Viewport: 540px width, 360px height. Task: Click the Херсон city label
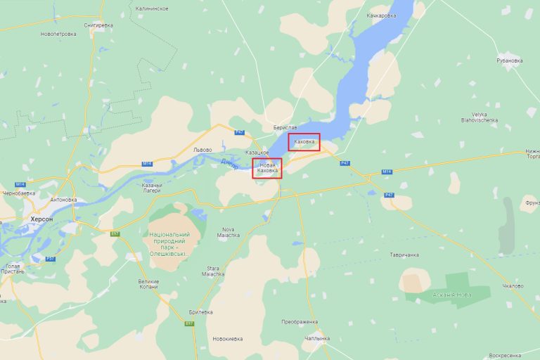41,219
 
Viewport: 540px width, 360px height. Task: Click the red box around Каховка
304,142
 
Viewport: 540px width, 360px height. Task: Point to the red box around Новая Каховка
267,167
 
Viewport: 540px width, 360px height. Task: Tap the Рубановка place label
510,60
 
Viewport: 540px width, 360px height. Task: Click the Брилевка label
201,311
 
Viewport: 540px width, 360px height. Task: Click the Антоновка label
63,199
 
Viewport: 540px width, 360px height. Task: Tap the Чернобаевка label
19,193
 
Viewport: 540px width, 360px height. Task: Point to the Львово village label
202,150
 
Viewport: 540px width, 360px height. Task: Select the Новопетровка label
58,34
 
